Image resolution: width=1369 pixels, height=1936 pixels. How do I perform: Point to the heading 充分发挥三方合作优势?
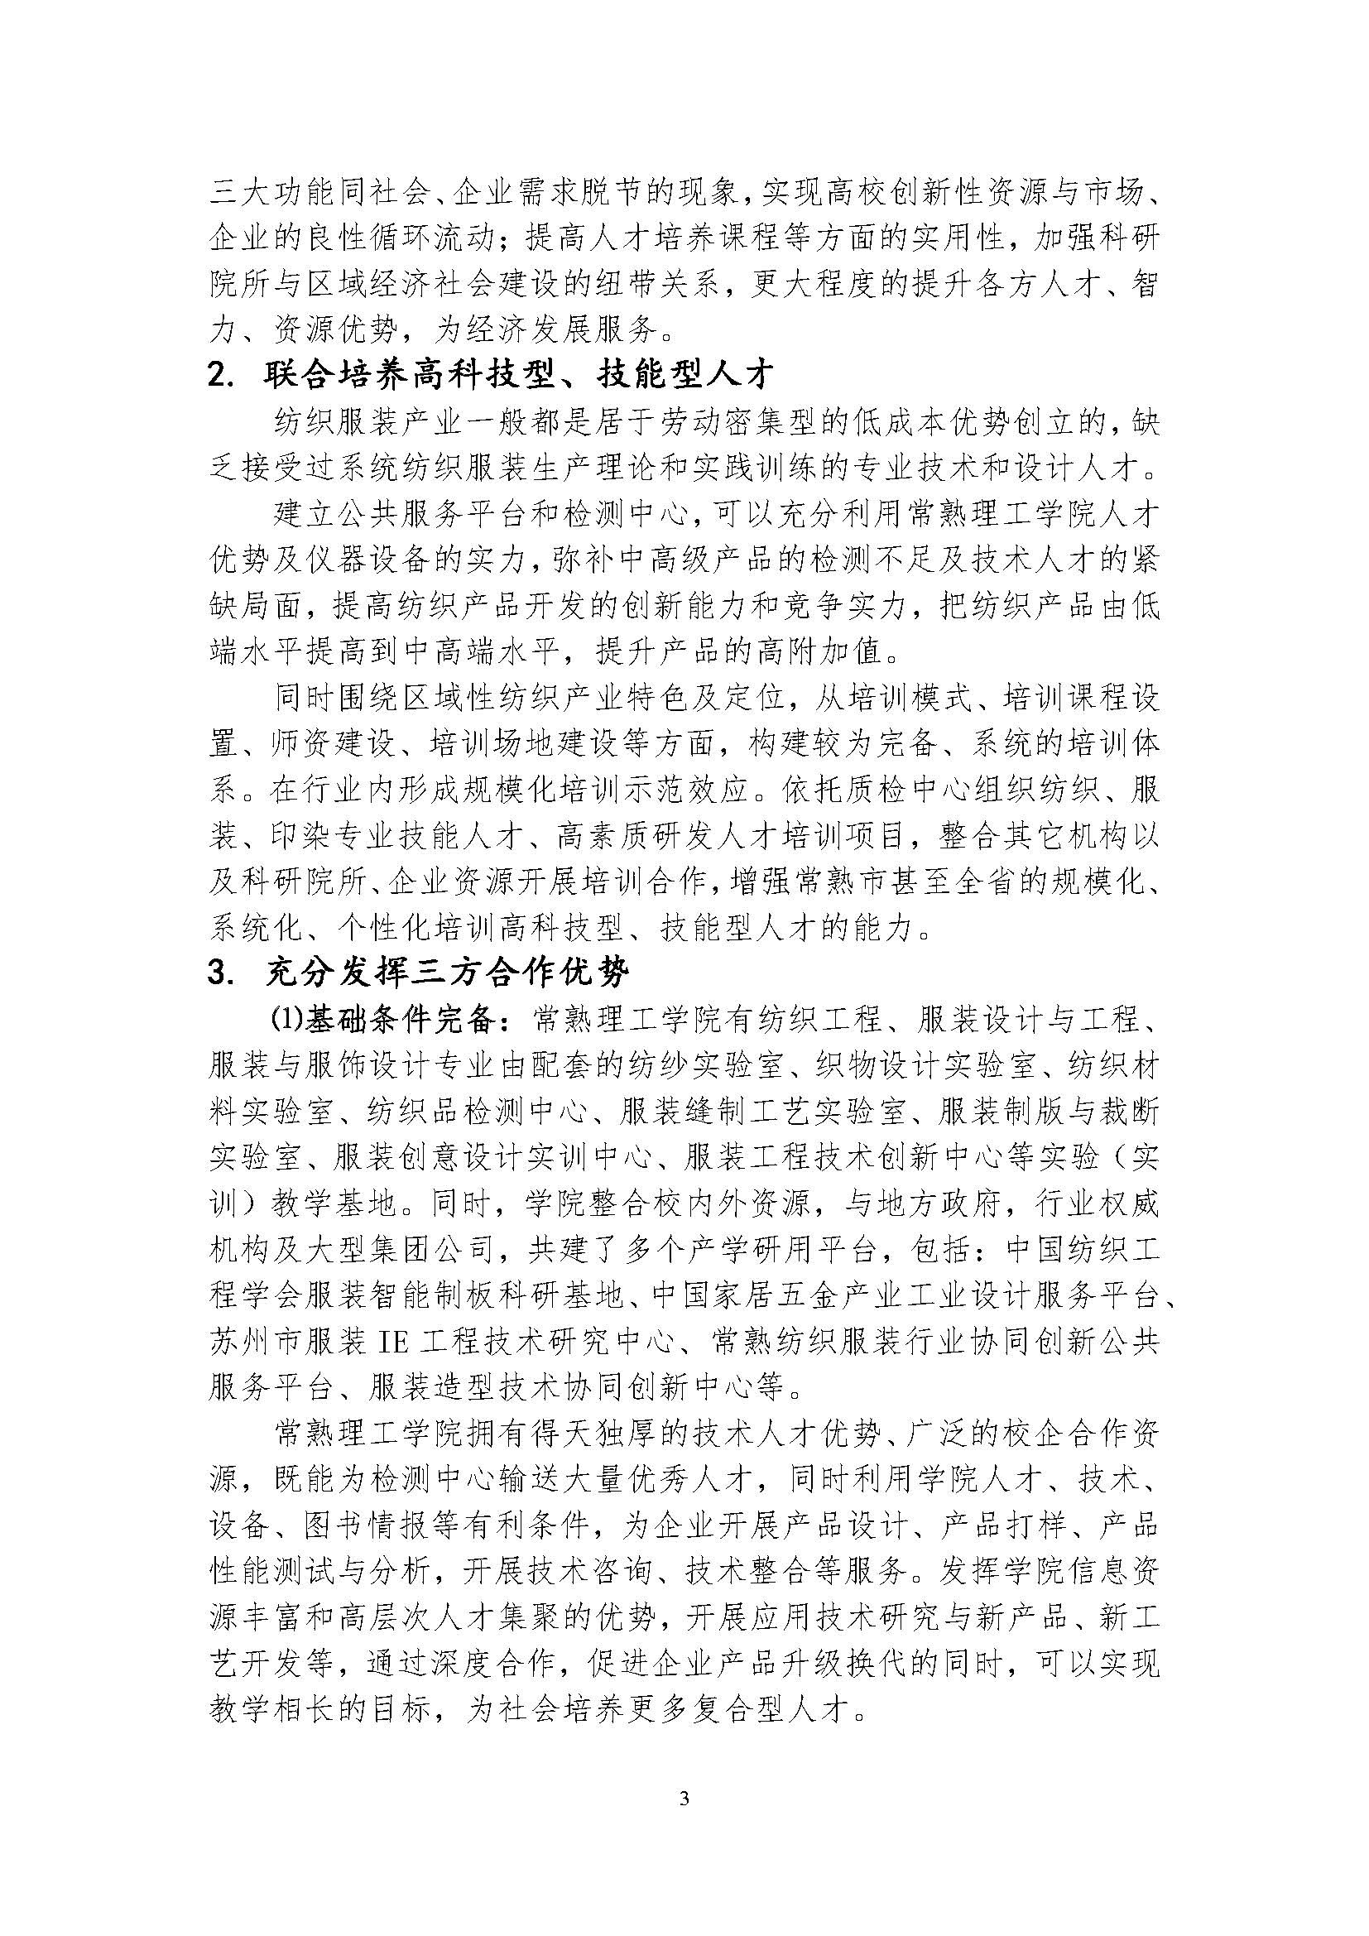(x=448, y=973)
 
